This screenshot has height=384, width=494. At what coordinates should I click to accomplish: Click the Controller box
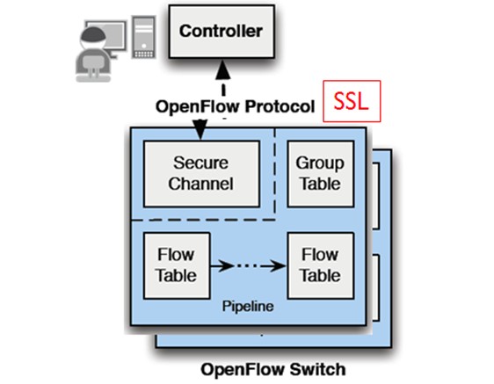click(222, 32)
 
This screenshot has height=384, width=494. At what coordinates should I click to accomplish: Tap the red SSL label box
click(352, 101)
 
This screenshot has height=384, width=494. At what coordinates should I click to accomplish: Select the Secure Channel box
click(201, 174)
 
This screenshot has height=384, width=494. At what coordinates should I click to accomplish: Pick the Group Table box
click(321, 174)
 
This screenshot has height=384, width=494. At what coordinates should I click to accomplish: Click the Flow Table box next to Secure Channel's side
click(177, 265)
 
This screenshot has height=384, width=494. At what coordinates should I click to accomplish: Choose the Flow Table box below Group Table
click(321, 265)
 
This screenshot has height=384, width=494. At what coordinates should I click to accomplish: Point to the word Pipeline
click(248, 307)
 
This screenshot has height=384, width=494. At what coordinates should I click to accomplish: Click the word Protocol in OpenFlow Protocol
click(280, 106)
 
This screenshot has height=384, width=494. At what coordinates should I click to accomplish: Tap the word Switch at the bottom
click(317, 369)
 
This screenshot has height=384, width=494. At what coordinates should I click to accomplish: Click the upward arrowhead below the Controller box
click(223, 70)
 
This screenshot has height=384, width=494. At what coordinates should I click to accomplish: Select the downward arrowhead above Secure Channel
click(200, 130)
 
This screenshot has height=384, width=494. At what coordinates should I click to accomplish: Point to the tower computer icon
click(143, 37)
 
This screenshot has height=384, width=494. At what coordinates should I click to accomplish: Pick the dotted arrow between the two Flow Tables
click(248, 266)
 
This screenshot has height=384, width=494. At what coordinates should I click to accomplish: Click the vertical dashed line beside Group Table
click(275, 174)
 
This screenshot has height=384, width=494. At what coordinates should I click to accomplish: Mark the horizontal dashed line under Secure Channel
click(203, 220)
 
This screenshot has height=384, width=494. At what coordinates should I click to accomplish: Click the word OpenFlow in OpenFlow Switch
click(243, 369)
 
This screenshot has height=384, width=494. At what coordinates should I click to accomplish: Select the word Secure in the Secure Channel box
click(200, 163)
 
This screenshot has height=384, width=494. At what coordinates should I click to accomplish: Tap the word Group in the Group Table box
click(320, 163)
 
